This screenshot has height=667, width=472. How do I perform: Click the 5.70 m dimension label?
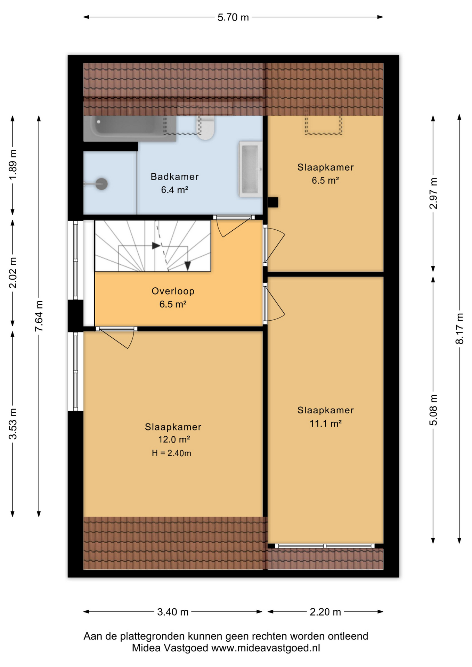click(233, 17)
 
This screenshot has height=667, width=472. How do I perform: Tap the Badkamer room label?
click(174, 176)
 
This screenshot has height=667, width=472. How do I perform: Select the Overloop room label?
click(173, 291)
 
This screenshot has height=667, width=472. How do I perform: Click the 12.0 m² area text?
click(174, 439)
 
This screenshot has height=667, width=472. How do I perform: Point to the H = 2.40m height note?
click(171, 453)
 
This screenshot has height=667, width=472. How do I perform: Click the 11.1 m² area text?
click(325, 423)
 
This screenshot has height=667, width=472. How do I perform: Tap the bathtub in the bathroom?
click(130, 129)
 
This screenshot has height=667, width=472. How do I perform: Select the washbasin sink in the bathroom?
click(250, 169)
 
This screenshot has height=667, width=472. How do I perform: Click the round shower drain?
click(101, 183)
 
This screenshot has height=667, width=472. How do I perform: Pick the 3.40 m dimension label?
click(173, 612)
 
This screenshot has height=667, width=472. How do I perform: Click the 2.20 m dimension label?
click(325, 612)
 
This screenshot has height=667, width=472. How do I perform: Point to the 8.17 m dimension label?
click(459, 328)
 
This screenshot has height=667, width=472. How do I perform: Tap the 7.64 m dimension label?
click(39, 316)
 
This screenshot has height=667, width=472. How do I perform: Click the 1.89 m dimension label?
click(13, 165)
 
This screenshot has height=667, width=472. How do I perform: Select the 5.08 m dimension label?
click(433, 410)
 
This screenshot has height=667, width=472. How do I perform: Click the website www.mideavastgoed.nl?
click(266, 648)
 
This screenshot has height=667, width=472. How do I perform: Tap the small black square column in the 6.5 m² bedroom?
click(273, 202)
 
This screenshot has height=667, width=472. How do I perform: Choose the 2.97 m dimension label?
click(433, 193)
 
